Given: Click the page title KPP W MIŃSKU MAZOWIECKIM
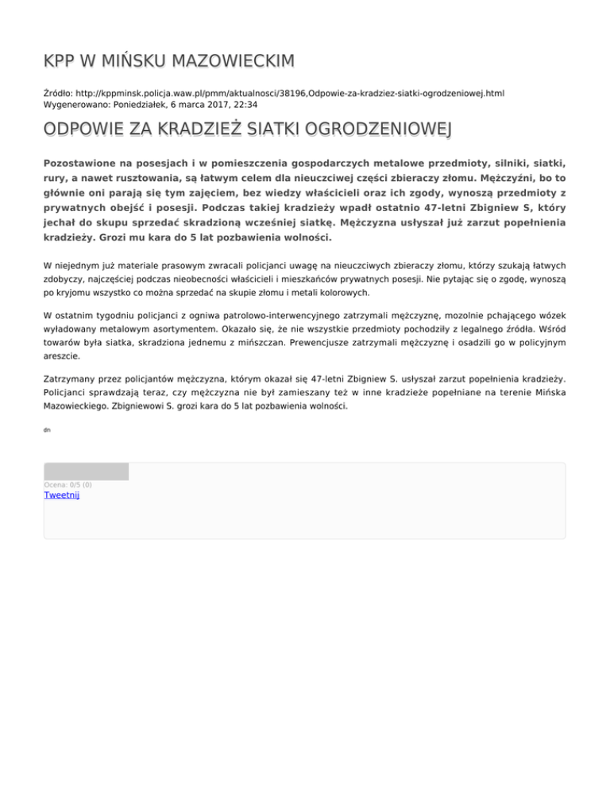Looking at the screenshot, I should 168,60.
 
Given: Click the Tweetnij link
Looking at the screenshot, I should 61,495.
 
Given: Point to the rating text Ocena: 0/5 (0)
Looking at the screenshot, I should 68,484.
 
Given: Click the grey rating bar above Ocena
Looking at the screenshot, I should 86,471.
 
